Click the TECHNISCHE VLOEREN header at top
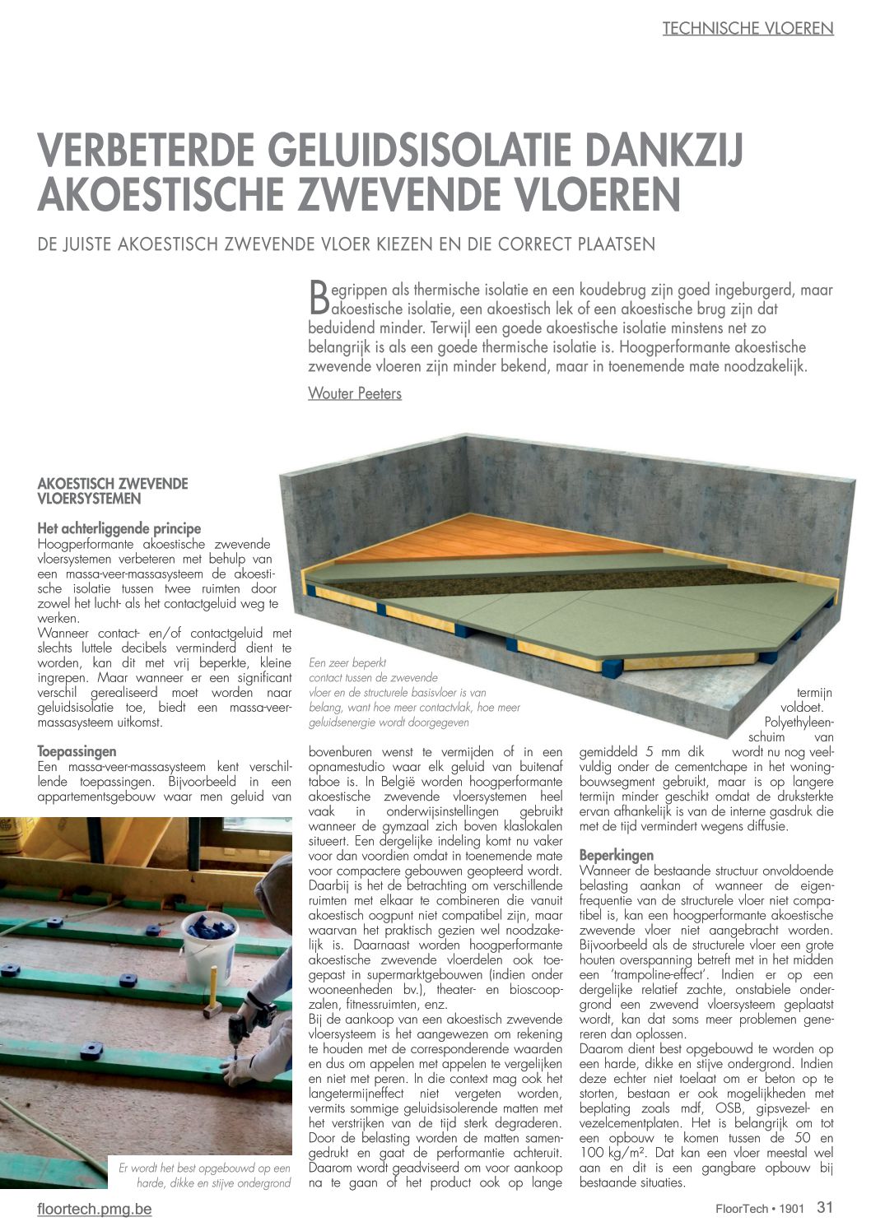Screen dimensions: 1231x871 pos(748,29)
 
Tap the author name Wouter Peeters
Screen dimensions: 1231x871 pos(355,393)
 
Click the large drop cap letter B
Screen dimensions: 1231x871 pos(318,297)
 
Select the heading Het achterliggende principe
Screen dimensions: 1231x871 pos(119,528)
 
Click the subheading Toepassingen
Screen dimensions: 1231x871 pos(77,751)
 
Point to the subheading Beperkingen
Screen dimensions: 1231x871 pos(617,855)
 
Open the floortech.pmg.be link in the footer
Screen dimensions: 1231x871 pos(95,1209)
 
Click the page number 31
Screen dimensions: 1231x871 pos(825,1207)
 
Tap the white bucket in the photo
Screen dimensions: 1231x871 pos(209,946)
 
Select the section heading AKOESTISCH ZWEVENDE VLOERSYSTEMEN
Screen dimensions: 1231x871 pos(113,490)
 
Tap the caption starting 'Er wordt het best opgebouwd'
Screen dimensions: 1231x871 pos(206,1175)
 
